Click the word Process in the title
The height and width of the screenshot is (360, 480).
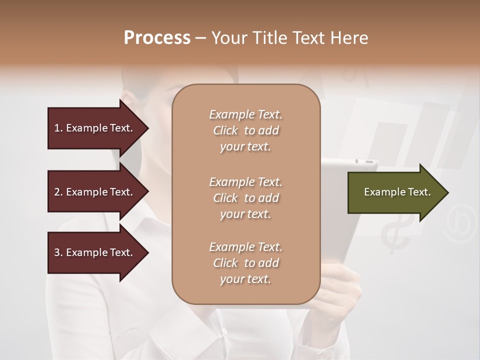tap(157, 38)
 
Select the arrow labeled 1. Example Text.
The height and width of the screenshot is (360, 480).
tap(95, 128)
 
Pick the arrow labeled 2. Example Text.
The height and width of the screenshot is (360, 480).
tap(95, 192)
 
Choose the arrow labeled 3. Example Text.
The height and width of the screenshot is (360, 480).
tap(95, 252)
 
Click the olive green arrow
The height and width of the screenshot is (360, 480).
tap(395, 192)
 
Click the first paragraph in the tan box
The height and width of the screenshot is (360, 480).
tap(245, 130)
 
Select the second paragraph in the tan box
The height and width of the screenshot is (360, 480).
tap(245, 198)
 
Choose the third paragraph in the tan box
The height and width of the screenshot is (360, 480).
tap(245, 263)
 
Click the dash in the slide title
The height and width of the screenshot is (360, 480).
tap(201, 38)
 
